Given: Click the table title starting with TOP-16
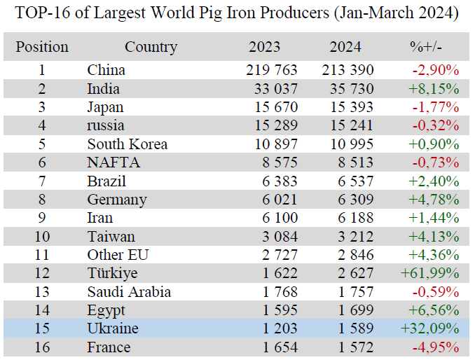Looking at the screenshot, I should pos(237,13).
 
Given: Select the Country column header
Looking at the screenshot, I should pos(151,48).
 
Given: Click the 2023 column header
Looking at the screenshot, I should pos(264,48).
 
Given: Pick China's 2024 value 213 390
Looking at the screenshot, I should pos(348,70).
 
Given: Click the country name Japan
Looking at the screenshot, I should pos(105,107).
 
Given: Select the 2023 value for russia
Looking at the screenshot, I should pos(272,125).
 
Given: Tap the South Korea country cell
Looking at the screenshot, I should pos(127,144).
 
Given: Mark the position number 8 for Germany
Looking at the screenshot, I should pos(42,200).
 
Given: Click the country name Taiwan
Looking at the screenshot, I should pos(111,237).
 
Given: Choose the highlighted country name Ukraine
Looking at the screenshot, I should pos(113,328).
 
